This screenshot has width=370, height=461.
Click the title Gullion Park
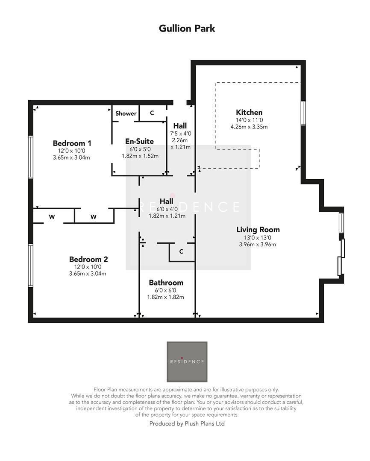(187, 29)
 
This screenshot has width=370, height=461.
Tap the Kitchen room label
(249, 112)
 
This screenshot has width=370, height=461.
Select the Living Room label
(258, 230)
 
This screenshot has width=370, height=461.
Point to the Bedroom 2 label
(88, 259)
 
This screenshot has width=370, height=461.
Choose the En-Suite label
(139, 141)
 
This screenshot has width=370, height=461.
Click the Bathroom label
(166, 283)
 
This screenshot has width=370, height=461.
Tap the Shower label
(126, 113)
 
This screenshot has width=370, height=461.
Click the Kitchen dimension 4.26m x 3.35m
(249, 127)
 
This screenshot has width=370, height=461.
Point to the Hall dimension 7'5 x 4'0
(180, 134)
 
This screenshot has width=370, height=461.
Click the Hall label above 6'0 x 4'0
(167, 201)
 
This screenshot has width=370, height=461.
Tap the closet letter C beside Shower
(152, 113)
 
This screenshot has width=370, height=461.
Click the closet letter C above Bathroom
(181, 251)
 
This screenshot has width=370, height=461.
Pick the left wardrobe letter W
(52, 217)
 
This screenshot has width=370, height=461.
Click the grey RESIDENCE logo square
(187, 362)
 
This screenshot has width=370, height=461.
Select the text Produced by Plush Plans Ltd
(187, 423)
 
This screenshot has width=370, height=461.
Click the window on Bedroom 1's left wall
(31, 157)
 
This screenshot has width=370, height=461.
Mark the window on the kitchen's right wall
(303, 113)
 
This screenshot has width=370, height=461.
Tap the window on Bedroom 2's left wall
(31, 265)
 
